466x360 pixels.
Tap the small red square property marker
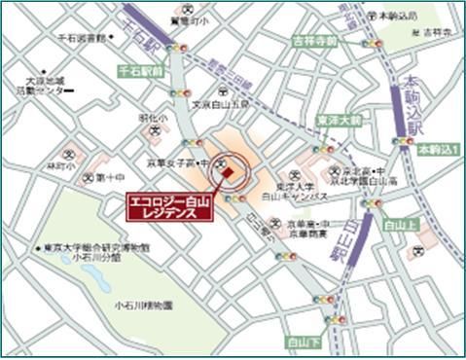tap(228, 173)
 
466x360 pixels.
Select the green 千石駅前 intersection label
tap(139, 71)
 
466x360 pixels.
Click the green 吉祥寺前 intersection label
tap(314, 42)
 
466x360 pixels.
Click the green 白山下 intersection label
tap(304, 342)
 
